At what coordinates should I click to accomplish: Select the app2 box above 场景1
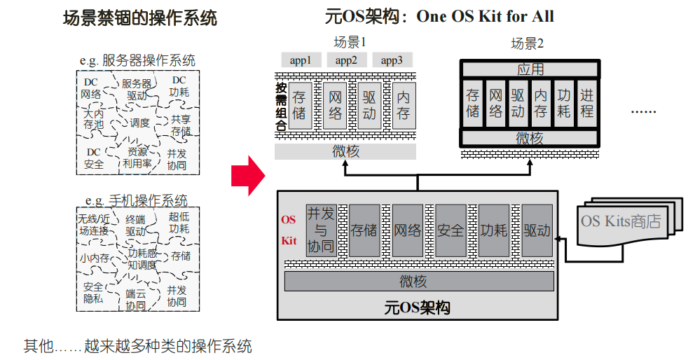point(346,60)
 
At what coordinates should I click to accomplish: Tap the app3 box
point(392,60)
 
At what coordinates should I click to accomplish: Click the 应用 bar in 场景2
point(530,69)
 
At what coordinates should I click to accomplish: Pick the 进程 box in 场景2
point(586,103)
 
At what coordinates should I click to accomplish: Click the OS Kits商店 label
point(621,221)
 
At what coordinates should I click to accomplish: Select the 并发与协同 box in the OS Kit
point(322,230)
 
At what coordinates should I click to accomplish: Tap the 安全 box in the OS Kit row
point(450,230)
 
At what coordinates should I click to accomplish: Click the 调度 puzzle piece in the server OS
point(139,123)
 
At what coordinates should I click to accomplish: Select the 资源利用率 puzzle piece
point(137,158)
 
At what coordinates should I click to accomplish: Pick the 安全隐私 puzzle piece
point(93,292)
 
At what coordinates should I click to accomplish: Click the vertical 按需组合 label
point(281,107)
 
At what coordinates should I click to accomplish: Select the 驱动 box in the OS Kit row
point(537,230)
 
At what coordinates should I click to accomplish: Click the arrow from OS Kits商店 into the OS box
point(560,238)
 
